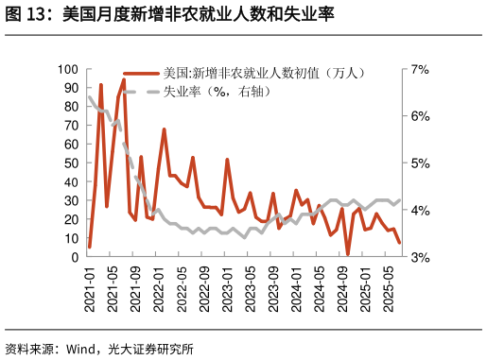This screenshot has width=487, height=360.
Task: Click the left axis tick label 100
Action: click(67, 69)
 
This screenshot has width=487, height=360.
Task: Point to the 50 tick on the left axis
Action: click(71, 163)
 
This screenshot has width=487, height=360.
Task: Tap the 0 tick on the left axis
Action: click(75, 257)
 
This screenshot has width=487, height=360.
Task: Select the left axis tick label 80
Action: click(71, 107)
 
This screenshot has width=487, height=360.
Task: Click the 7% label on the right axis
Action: click(419, 69)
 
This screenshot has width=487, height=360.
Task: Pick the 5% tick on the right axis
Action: click(419, 163)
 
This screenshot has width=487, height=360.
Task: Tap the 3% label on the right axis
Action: click(419, 257)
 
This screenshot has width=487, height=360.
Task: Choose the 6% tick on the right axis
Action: click(419, 116)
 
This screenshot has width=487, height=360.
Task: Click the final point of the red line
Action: click(399, 243)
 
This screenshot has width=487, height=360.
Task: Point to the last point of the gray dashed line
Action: click(399, 200)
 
